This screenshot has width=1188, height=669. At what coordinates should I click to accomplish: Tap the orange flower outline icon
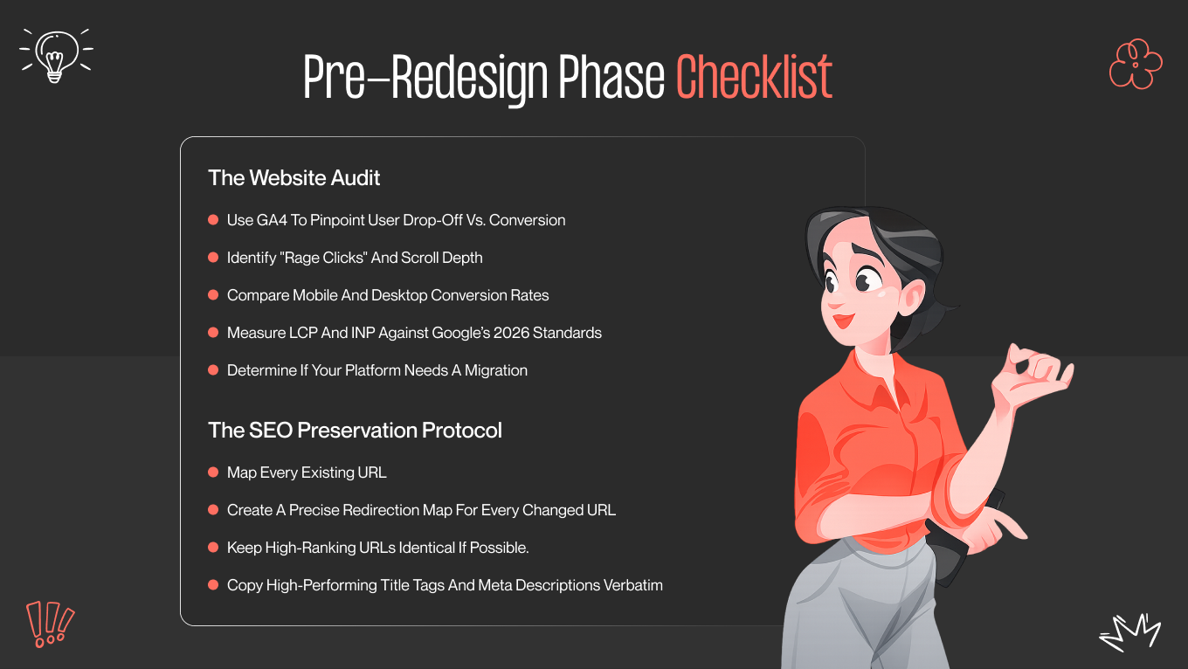click(1135, 64)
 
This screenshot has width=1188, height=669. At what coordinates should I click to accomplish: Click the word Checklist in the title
click(754, 79)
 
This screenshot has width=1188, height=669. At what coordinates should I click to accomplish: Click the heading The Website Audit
click(294, 178)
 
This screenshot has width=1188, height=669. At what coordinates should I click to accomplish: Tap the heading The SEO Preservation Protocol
click(355, 431)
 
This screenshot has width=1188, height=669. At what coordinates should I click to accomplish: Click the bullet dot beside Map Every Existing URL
click(213, 472)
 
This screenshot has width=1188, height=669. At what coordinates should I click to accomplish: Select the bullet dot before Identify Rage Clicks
click(213, 258)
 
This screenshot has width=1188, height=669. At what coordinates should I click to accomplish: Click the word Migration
click(496, 370)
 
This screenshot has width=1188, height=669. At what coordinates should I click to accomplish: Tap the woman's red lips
click(842, 321)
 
